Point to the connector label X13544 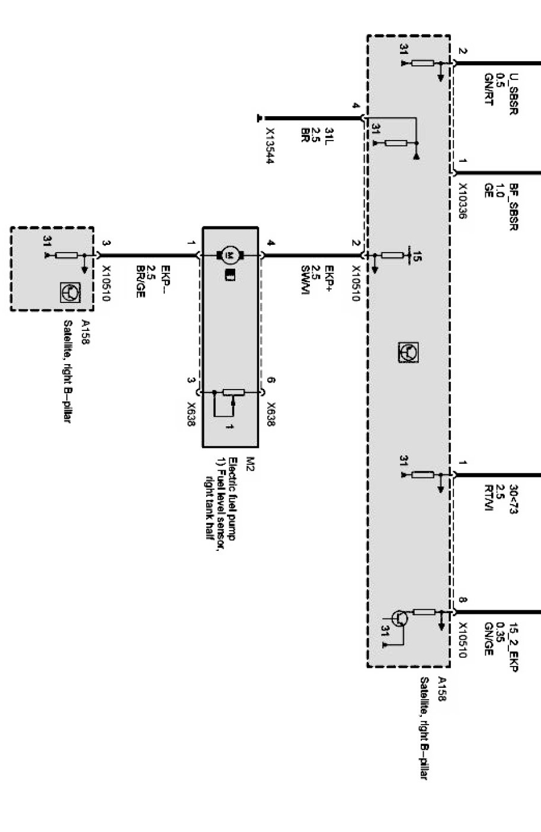(x=270, y=146)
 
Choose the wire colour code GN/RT (x=489, y=93)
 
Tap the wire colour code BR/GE (x=140, y=277)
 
